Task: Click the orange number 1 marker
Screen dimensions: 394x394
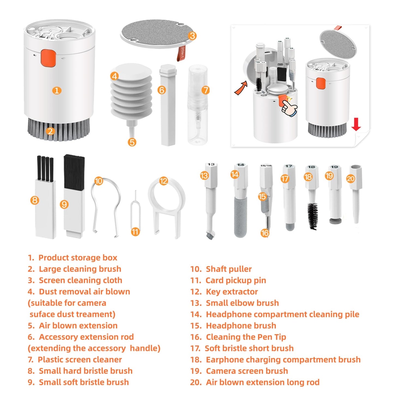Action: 57,91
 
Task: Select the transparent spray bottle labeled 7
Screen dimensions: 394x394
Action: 197,105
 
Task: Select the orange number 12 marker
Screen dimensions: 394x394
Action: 164,181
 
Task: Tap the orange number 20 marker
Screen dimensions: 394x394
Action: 350,179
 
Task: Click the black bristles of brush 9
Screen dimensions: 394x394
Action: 74,172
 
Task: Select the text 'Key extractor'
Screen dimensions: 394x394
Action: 232,292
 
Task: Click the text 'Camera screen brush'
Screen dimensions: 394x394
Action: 247,371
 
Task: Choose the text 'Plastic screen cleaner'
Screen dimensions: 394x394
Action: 80,360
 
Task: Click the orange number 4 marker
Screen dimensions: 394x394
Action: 114,76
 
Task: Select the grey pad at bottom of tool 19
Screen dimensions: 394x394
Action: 335,221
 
